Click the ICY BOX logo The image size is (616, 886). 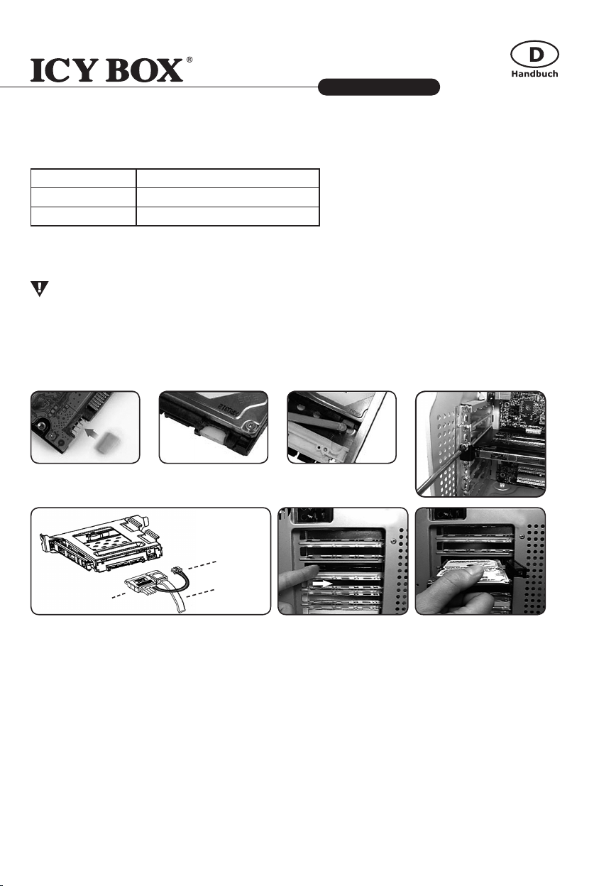[x=106, y=70]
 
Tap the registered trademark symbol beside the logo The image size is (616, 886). [x=189, y=60]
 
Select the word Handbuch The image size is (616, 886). [x=534, y=74]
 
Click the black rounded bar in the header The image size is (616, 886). [x=379, y=87]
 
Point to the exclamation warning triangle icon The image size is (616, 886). [x=40, y=288]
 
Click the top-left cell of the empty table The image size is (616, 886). [x=84, y=178]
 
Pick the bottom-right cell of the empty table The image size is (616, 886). [x=227, y=216]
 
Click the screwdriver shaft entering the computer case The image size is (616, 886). [x=439, y=471]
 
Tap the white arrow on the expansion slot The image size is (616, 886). [x=323, y=584]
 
